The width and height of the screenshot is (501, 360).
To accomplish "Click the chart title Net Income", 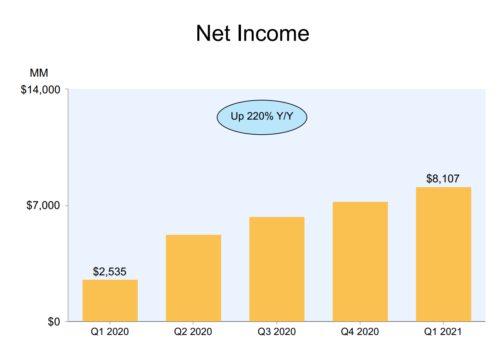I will click(x=252, y=34).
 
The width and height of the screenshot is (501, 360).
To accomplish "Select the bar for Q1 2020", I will click(x=110, y=300).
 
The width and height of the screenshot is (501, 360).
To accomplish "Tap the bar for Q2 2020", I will click(x=193, y=278).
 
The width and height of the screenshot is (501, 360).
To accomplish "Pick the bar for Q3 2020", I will click(x=277, y=269).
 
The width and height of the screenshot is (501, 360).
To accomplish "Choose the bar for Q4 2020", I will click(x=360, y=261).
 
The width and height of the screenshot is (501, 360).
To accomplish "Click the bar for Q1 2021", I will click(x=443, y=254).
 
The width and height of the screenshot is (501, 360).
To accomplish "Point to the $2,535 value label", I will click(x=110, y=272).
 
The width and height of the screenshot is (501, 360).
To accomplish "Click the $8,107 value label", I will click(x=443, y=179).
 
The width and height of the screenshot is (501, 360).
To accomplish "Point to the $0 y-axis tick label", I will click(x=54, y=322).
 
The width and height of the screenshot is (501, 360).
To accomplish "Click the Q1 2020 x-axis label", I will click(x=110, y=332).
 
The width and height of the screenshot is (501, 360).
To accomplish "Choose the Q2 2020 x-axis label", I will click(x=193, y=332).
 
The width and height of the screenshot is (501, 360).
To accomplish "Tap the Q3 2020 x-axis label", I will click(x=277, y=332).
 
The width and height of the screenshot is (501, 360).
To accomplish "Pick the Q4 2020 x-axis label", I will click(x=360, y=332).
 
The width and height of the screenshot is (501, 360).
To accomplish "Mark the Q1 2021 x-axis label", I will click(x=443, y=332).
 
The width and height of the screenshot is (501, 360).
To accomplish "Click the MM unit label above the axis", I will click(x=39, y=73).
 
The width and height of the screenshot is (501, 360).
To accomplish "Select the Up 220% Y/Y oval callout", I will click(x=262, y=117).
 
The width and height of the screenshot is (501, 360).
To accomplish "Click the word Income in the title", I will click(x=273, y=34).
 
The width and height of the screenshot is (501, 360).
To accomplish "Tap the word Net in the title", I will click(x=214, y=34).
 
